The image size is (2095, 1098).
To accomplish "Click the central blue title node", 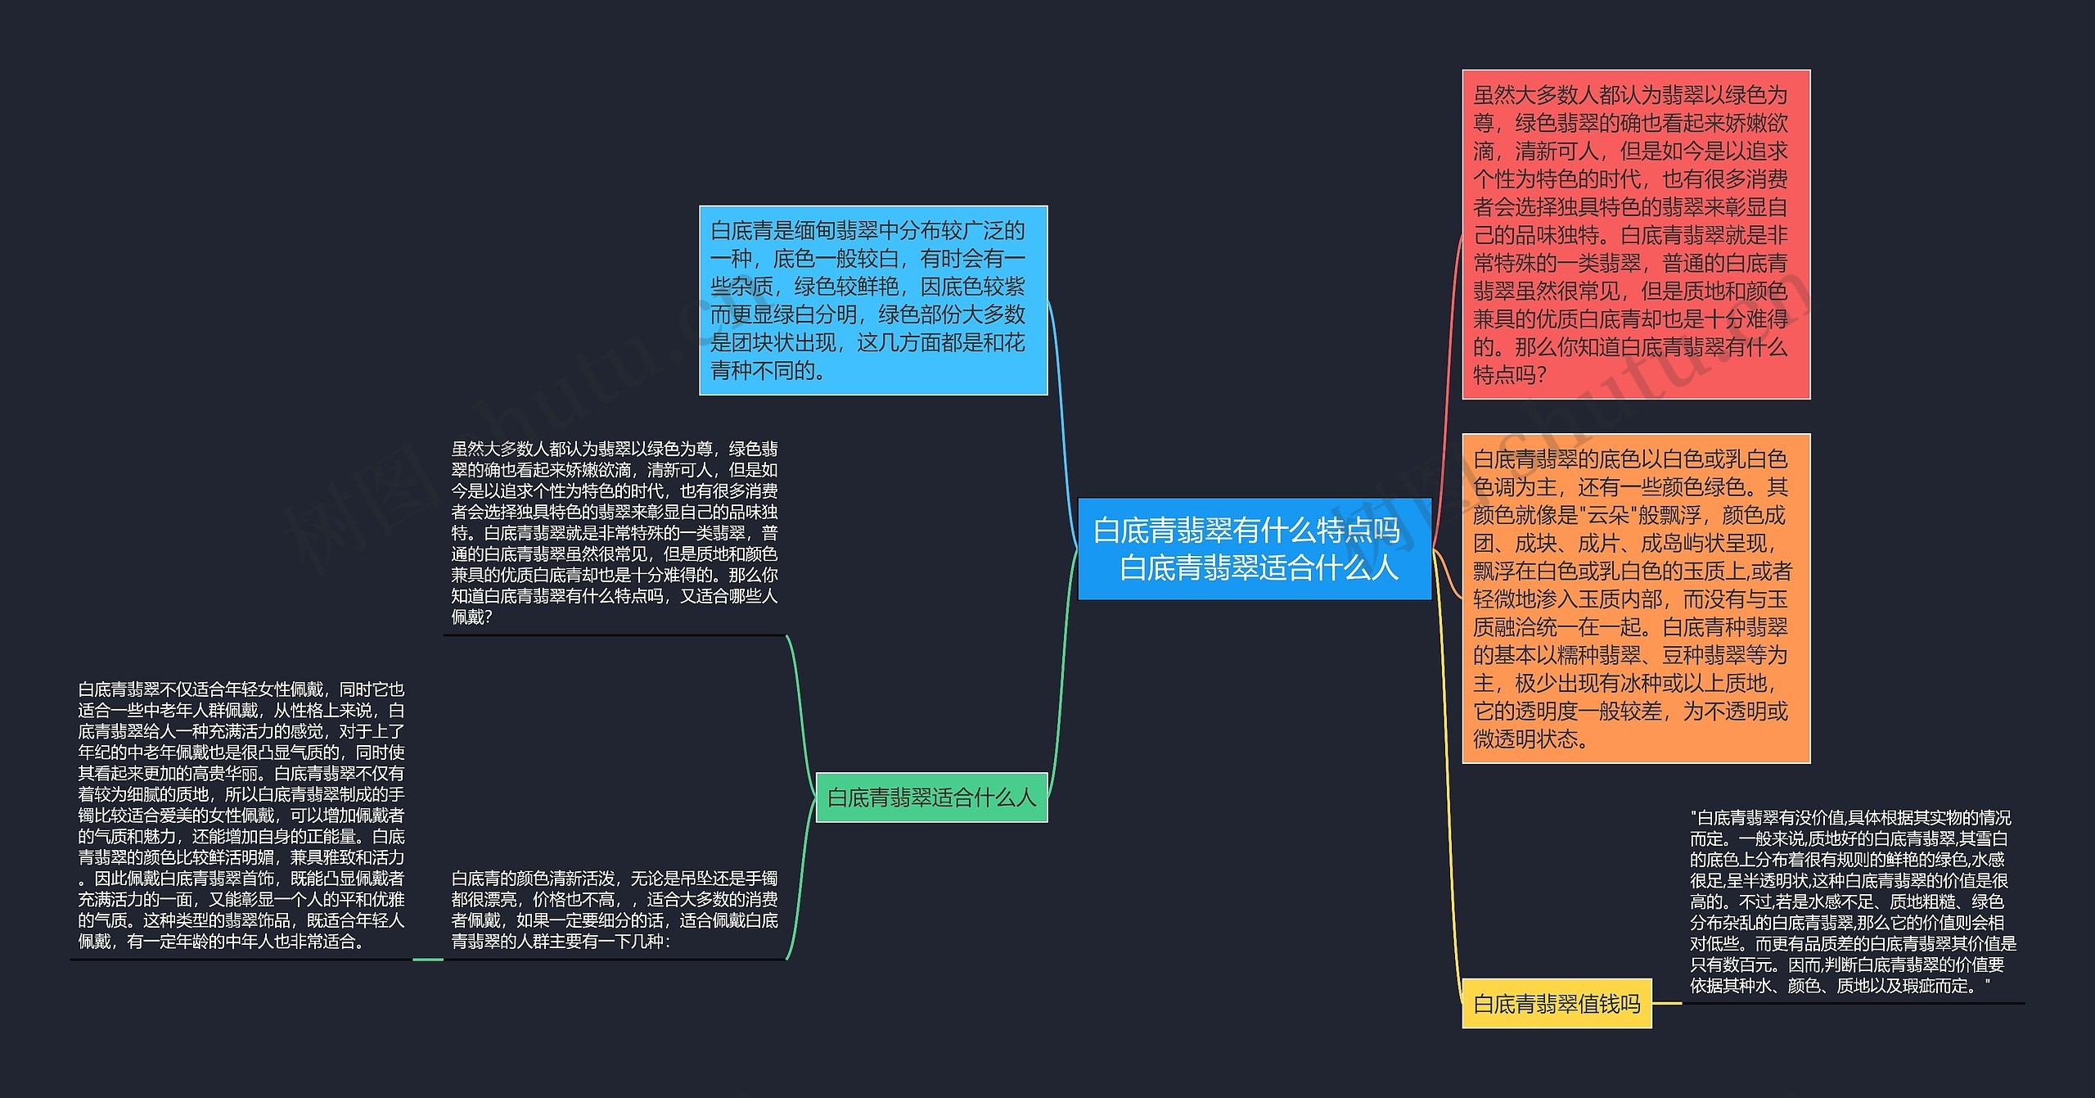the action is click(x=1254, y=549).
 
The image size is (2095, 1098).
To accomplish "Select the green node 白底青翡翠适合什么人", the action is click(x=931, y=798).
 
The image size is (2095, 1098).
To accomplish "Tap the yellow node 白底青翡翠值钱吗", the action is click(x=1557, y=1004).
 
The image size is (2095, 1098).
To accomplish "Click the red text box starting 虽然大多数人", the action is click(x=1635, y=234).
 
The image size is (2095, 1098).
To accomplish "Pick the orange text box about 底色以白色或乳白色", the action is click(x=1635, y=599).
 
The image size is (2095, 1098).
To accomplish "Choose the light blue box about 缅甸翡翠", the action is click(x=872, y=300).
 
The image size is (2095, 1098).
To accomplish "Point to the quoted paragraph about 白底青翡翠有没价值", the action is click(x=1851, y=901).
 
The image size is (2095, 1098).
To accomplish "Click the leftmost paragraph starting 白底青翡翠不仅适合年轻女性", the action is click(x=241, y=815).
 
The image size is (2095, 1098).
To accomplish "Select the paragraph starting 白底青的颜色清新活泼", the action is click(x=615, y=910).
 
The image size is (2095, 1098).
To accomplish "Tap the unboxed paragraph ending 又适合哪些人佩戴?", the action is click(x=615, y=532).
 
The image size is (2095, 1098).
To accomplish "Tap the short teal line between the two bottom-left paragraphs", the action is click(x=427, y=959).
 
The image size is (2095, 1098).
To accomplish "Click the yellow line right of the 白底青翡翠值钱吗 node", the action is click(x=1667, y=1003).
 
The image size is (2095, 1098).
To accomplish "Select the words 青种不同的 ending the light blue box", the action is click(x=766, y=371).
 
